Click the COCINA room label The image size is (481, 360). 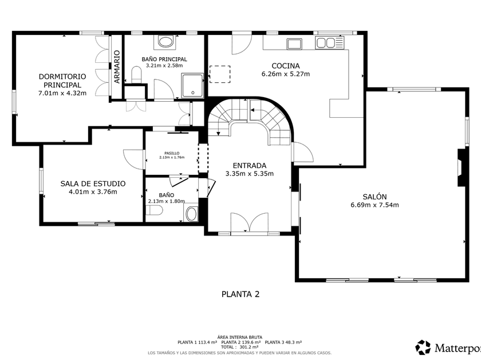pyautogui.click(x=286, y=66)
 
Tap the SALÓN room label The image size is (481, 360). pyautogui.click(x=374, y=197)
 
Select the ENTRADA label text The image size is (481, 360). pyautogui.click(x=250, y=166)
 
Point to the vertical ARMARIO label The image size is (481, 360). pyautogui.click(x=117, y=67)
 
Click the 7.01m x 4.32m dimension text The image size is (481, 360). pyautogui.click(x=62, y=93)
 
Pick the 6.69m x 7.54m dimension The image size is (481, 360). pyautogui.click(x=374, y=205)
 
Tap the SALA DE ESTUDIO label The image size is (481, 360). pyautogui.click(x=93, y=183)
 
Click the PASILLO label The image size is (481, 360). pyautogui.click(x=172, y=153)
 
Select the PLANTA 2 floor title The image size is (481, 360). pyautogui.click(x=240, y=294)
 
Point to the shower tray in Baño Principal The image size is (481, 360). pyautogui.click(x=192, y=85)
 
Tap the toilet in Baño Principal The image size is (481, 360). pyautogui.click(x=137, y=75)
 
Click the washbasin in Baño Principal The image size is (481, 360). pyautogui.click(x=166, y=42)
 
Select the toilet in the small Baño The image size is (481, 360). pyautogui.click(x=154, y=211)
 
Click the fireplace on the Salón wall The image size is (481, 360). pyautogui.click(x=462, y=167)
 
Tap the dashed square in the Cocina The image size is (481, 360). pyautogui.click(x=220, y=74)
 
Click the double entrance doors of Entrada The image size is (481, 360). pyautogui.click(x=250, y=223)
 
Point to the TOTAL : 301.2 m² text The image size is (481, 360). pyautogui.click(x=239, y=347)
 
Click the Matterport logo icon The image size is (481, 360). pyautogui.click(x=423, y=347)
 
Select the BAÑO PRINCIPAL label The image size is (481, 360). pyautogui.click(x=164, y=59)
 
